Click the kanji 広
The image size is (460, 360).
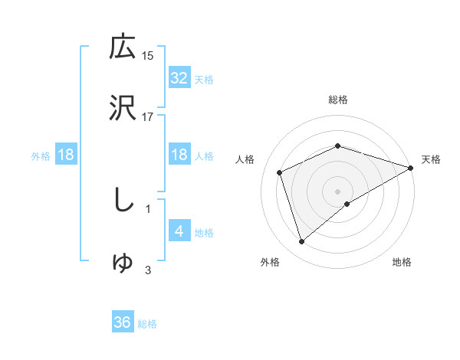(x=123, y=47)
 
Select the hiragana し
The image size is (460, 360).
(x=123, y=200)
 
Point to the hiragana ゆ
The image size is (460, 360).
(x=123, y=263)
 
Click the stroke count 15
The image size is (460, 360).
(x=148, y=55)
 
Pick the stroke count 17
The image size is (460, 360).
(x=148, y=117)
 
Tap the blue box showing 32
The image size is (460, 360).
(x=179, y=77)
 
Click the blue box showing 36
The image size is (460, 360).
(x=123, y=322)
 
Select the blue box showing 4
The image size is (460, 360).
(x=179, y=231)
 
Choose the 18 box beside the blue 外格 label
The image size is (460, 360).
(x=66, y=155)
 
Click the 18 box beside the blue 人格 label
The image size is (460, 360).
(x=179, y=155)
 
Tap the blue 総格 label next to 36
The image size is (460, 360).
(x=147, y=324)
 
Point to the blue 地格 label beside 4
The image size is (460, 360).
(x=204, y=233)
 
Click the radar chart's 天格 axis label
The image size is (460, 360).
(x=431, y=159)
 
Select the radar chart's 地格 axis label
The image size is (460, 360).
(x=402, y=262)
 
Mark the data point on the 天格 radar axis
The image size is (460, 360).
(x=411, y=168)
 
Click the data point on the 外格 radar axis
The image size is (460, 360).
(x=301, y=242)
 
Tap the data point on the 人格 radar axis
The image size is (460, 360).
(x=281, y=172)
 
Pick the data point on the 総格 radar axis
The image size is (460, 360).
(x=337, y=146)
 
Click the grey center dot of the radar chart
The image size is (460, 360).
(x=337, y=191)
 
